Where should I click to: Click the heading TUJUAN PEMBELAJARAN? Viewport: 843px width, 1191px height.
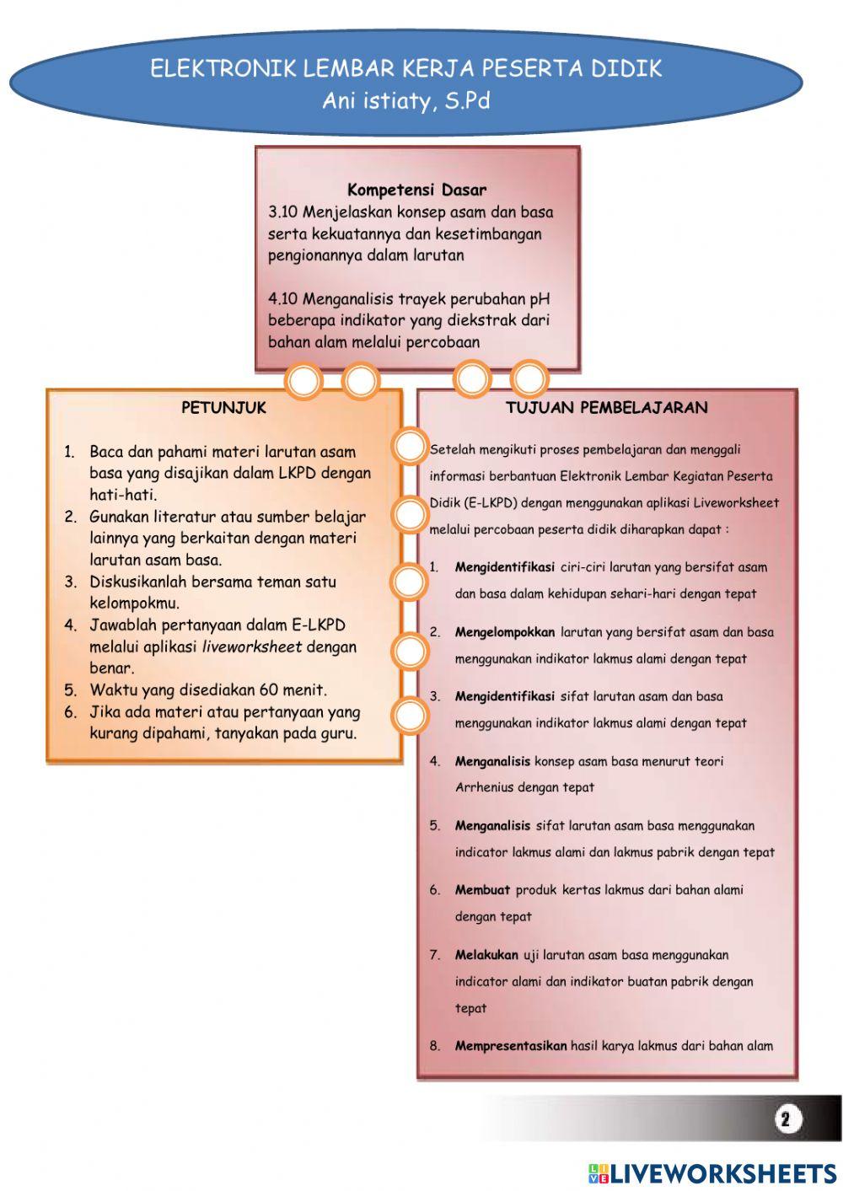click(606, 408)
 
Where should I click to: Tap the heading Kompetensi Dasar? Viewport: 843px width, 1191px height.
click(416, 190)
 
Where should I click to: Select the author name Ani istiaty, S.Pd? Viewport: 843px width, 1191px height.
click(405, 101)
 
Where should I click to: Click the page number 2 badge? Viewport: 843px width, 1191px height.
click(786, 1119)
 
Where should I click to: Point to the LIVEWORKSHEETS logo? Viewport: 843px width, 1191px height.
click(712, 1172)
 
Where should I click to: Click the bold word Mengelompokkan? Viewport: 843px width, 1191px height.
click(505, 632)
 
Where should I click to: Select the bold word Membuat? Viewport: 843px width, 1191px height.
click(483, 890)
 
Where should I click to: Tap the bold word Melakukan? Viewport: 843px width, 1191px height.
click(486, 955)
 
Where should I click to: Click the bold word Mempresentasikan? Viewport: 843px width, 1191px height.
click(511, 1046)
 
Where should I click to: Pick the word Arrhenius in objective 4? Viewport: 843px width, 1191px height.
click(484, 787)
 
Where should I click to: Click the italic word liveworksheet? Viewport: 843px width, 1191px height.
click(252, 647)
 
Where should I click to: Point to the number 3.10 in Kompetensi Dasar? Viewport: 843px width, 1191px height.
click(283, 212)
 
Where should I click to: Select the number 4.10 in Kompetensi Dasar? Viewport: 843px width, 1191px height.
click(283, 299)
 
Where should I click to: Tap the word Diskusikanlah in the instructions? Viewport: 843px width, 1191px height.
click(138, 582)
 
